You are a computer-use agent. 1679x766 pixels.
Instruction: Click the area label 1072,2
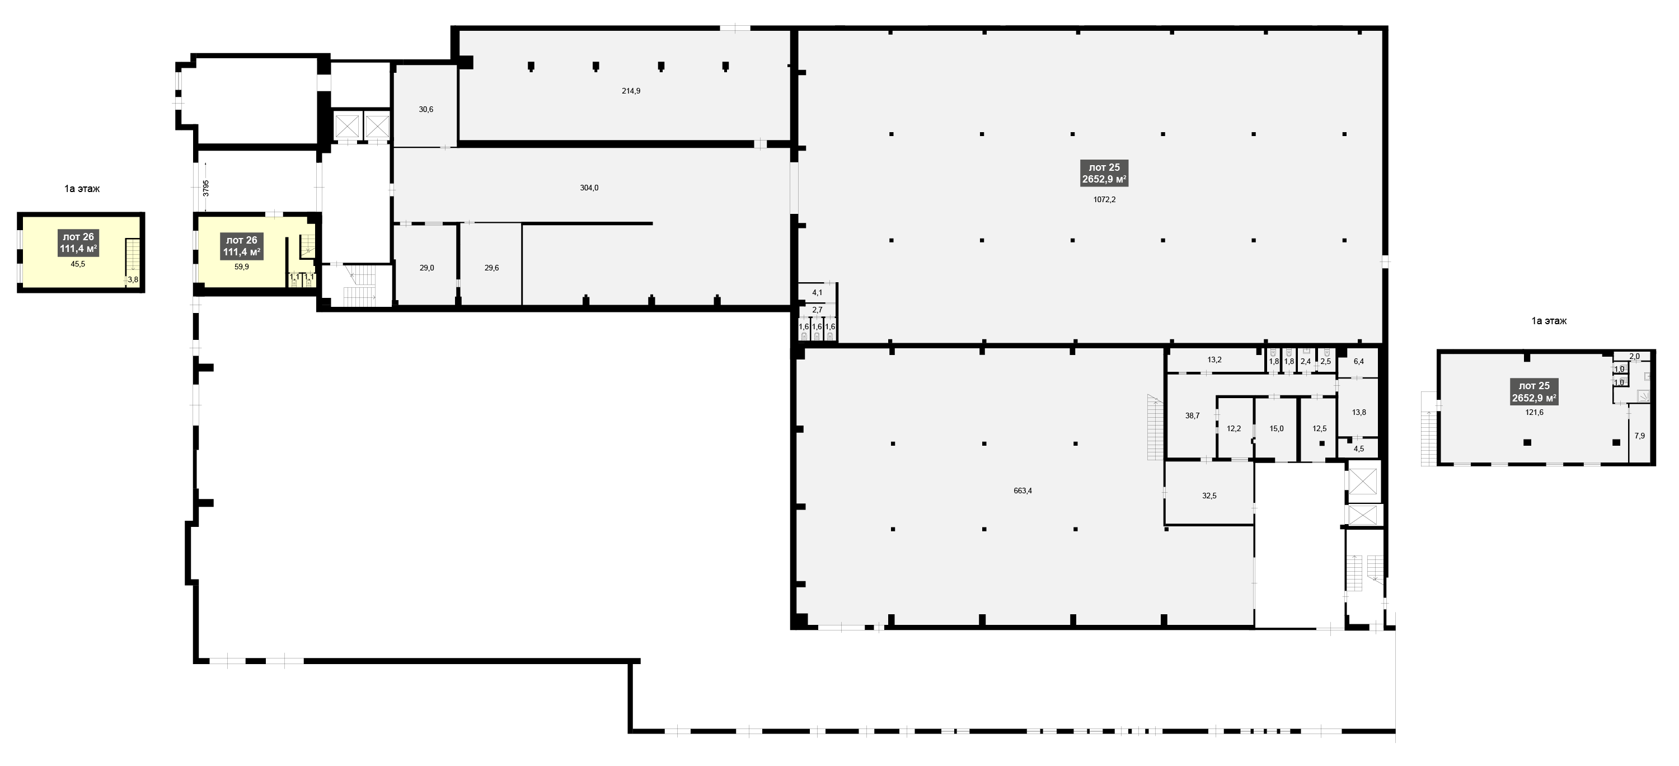[1104, 199]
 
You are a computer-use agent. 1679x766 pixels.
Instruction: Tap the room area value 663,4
[1023, 491]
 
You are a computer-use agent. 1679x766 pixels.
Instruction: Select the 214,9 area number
[631, 91]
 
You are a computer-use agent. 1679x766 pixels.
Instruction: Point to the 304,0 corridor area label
[589, 188]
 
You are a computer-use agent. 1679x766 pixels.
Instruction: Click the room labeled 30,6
[425, 110]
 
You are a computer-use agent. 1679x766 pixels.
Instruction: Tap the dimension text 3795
[206, 188]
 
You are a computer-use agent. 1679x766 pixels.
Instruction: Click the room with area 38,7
[1192, 415]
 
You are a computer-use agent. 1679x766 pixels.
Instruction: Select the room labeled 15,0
[1276, 428]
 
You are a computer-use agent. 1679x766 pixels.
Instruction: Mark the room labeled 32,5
[1209, 496]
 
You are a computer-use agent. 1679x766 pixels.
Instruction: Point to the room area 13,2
[1214, 360]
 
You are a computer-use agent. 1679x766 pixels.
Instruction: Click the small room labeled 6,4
[1359, 361]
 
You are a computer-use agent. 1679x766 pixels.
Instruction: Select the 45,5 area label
[78, 264]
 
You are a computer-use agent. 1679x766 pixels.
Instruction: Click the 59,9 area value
[241, 267]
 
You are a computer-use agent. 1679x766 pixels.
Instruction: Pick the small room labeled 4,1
[817, 293]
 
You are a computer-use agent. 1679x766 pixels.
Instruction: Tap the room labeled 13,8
[1359, 412]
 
